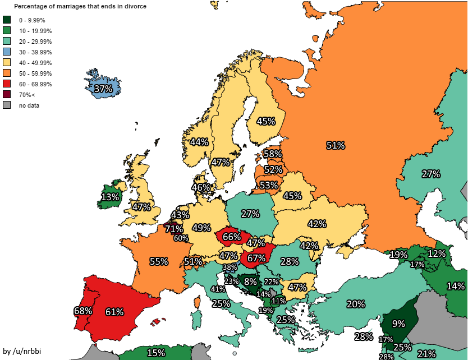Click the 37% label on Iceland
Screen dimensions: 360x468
[103, 89]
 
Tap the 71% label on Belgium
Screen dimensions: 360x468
[175, 229]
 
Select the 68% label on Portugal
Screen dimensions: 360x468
[82, 310]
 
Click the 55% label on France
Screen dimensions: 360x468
[159, 261]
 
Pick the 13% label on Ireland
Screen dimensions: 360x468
[110, 197]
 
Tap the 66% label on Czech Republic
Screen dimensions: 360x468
[232, 237]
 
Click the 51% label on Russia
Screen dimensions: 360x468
[336, 145]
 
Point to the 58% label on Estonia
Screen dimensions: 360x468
[273, 154]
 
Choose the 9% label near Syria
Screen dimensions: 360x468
[398, 324]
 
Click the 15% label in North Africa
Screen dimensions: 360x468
[156, 353]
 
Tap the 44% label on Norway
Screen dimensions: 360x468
[199, 142]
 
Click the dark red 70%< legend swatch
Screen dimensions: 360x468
[7, 94]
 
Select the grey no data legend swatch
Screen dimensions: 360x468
[7, 105]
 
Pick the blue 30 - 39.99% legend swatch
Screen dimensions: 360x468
[7, 52]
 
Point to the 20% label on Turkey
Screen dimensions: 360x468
[356, 304]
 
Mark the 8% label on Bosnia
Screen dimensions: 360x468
[250, 281]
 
